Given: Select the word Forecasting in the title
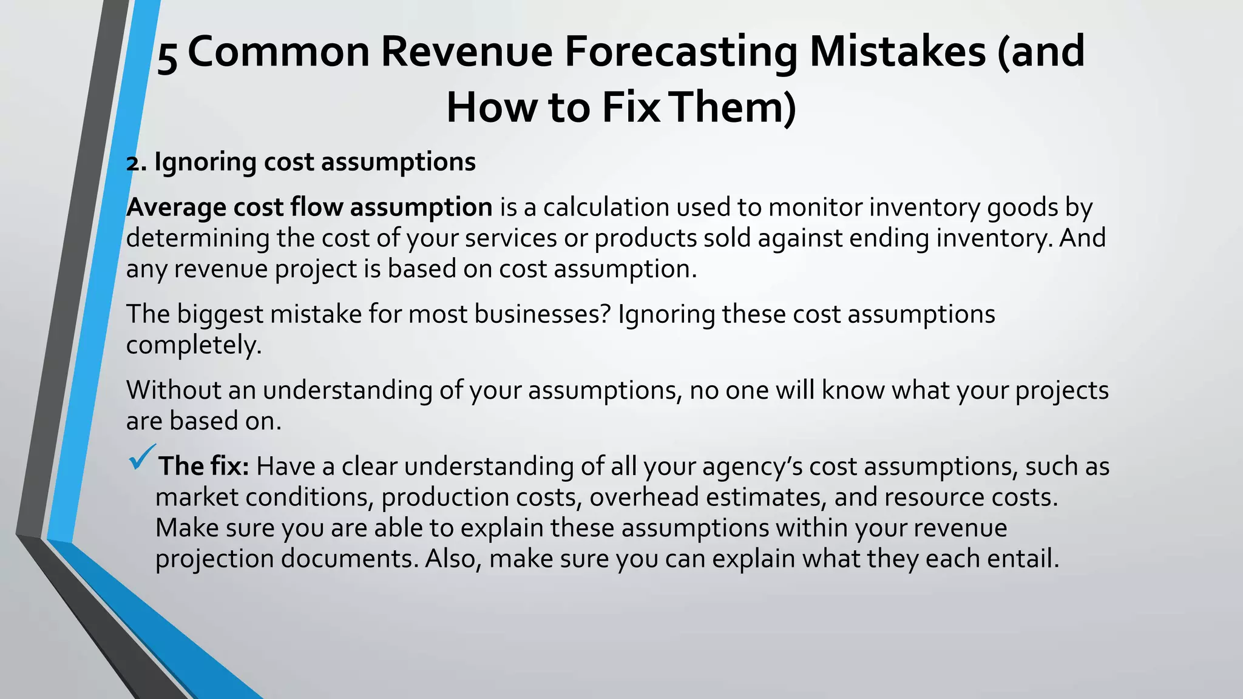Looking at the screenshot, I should [680, 52].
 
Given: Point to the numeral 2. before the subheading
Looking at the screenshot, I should [137, 163].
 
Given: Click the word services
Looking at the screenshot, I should [510, 238].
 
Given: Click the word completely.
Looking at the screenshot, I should [194, 345].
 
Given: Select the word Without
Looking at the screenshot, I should [174, 390].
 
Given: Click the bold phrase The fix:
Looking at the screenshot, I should [203, 467].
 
